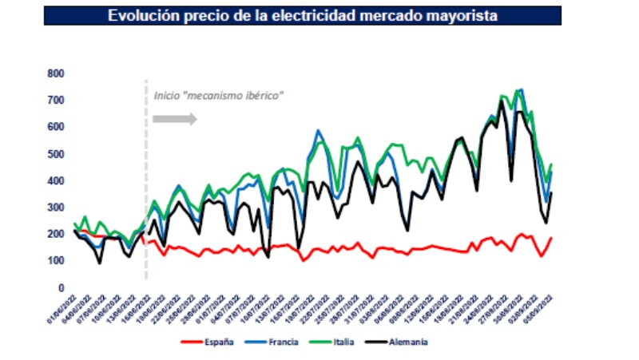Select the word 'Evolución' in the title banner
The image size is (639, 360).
[x=145, y=15]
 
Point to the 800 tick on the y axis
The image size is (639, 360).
[x=55, y=73]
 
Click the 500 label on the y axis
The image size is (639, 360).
[x=55, y=154]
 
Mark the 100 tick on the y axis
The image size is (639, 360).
[x=55, y=261]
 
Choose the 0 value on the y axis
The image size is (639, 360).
[x=61, y=287]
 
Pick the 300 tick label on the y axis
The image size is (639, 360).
[x=55, y=208]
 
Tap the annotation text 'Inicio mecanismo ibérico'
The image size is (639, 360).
[x=219, y=96]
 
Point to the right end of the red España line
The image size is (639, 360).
[x=551, y=238]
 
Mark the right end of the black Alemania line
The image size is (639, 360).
[x=551, y=192]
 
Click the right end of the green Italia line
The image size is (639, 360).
[x=551, y=164]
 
